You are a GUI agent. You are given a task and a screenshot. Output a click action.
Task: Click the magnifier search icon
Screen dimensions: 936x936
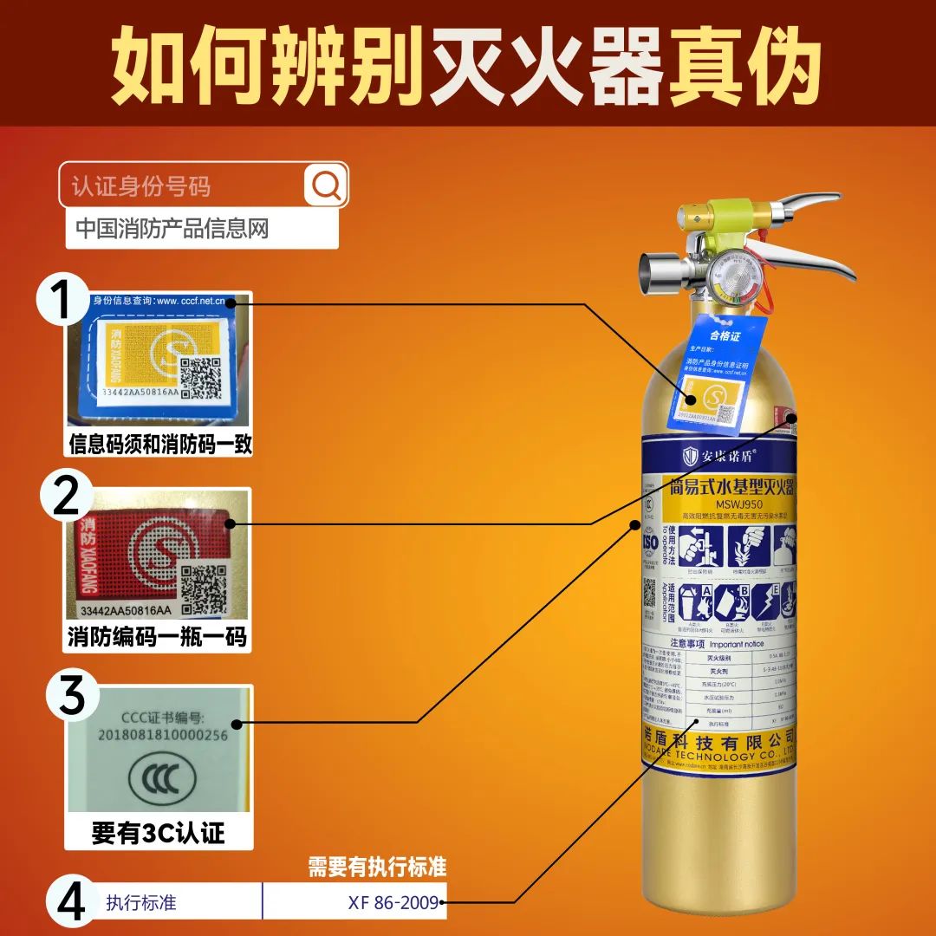coord(327,185)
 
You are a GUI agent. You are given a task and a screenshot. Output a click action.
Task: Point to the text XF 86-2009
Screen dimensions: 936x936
coord(394,902)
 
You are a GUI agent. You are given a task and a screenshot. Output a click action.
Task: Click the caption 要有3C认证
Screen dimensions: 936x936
coord(159,833)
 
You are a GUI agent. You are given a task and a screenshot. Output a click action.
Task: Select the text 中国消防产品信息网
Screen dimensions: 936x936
coord(172,229)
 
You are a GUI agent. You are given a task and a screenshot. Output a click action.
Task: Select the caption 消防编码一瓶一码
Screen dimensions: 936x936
coord(157,638)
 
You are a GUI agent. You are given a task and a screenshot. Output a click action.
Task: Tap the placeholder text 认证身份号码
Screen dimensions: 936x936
coord(141,186)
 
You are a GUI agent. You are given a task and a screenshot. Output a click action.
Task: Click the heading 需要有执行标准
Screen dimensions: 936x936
coord(377,867)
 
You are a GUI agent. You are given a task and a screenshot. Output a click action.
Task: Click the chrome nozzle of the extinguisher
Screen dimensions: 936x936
coord(655,276)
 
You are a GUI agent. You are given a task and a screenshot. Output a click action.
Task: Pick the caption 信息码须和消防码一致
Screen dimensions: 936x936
coord(160,445)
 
